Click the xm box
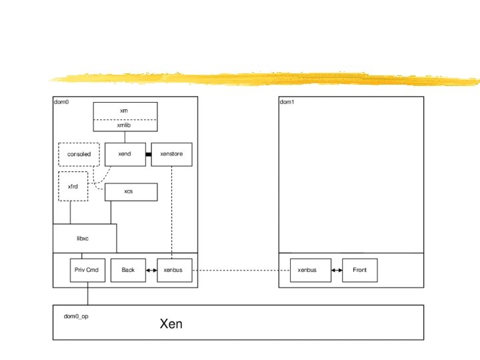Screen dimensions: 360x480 (x=124, y=111)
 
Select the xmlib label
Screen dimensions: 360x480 (x=124, y=125)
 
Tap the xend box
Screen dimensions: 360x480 (x=125, y=154)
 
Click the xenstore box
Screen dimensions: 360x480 (x=171, y=154)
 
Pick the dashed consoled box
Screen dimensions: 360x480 (x=79, y=154)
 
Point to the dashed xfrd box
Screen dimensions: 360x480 (x=73, y=187)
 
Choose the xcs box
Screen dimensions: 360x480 (x=131, y=191)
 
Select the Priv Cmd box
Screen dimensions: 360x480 (x=87, y=270)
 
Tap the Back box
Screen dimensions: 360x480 (x=128, y=270)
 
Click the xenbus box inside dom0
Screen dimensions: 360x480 (x=174, y=270)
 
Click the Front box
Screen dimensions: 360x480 (x=359, y=270)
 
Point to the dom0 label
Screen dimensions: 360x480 (x=61, y=102)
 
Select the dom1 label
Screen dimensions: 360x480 (x=287, y=102)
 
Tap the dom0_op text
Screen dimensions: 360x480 (x=76, y=316)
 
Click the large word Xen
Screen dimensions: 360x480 (x=171, y=325)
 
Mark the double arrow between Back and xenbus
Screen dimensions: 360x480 (x=151, y=270)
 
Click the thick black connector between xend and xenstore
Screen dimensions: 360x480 (x=149, y=154)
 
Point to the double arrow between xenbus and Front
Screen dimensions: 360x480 (x=337, y=270)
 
